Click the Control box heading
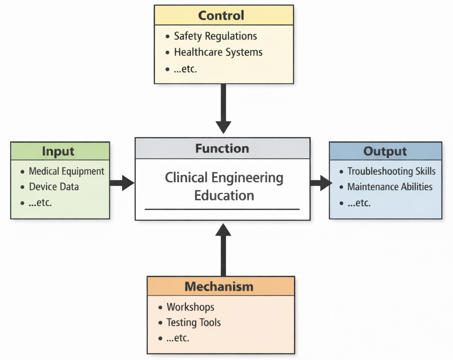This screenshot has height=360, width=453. click(221, 15)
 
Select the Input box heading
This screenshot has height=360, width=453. click(58, 151)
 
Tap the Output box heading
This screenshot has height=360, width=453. click(385, 151)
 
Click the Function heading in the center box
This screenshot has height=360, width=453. click(222, 148)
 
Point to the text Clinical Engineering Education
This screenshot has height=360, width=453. click(224, 186)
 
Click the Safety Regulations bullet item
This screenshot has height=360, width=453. click(215, 36)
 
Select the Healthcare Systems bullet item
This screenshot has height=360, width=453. click(218, 52)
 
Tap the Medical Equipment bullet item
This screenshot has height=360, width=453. click(66, 171)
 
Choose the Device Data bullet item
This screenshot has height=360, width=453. click(54, 187)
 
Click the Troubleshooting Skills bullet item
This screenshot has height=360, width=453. click(391, 171)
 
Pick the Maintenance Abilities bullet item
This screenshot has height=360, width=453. click(389, 187)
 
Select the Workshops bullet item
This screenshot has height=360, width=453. click(190, 307)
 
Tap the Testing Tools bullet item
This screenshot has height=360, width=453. click(193, 323)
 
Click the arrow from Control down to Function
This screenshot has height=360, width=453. click(223, 108)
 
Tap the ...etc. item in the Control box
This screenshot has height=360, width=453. click(185, 69)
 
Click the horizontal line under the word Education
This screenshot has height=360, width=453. click(222, 209)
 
